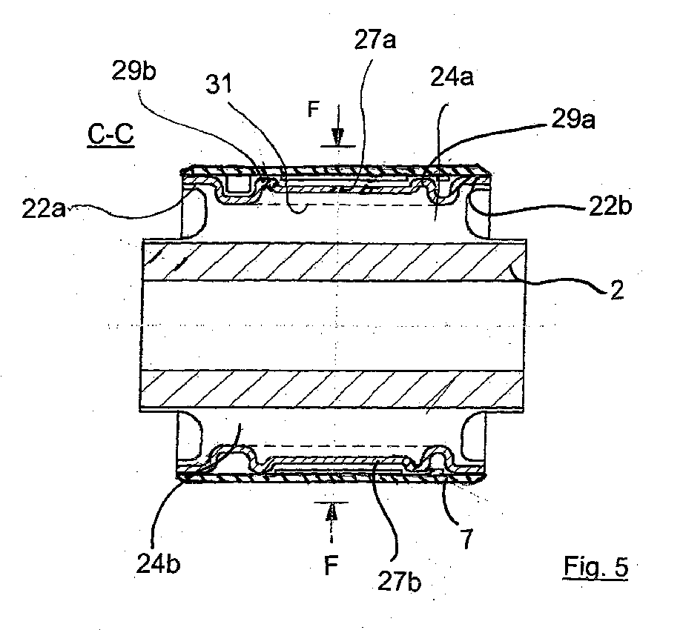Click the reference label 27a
(x=375, y=41)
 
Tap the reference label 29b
(x=133, y=70)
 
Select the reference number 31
(x=219, y=84)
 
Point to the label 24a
(x=452, y=77)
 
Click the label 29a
(x=573, y=119)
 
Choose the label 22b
(x=610, y=205)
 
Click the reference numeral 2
(x=617, y=290)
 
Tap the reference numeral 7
(x=466, y=539)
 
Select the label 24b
(x=158, y=564)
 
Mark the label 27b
(x=399, y=581)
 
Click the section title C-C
(x=110, y=135)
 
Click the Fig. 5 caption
(x=596, y=567)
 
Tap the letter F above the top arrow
(x=313, y=109)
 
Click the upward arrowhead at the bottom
(x=332, y=513)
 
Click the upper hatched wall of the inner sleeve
(x=334, y=260)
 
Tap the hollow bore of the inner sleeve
(x=333, y=325)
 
